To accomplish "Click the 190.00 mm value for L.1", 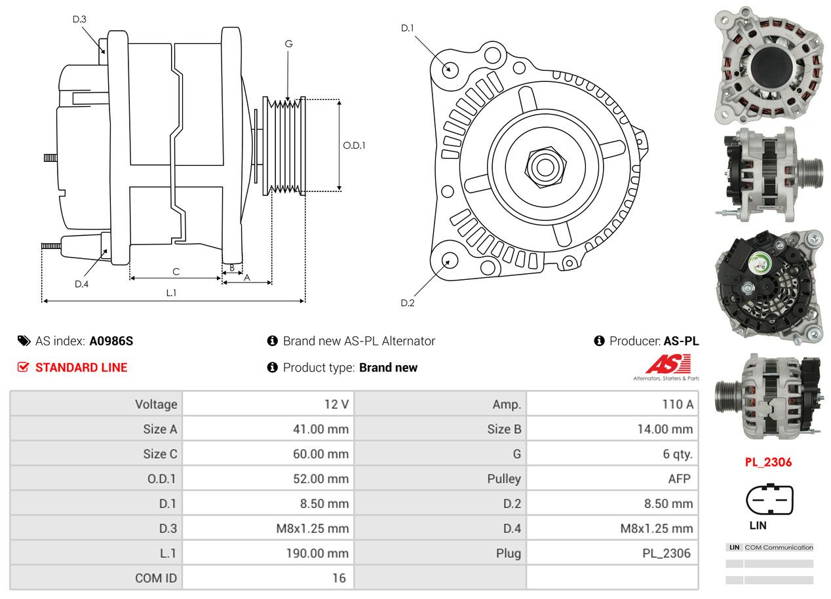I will point(317,553).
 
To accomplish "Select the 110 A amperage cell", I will point(677,404).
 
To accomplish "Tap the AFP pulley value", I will point(679,478).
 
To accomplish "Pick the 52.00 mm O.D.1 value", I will point(320,478).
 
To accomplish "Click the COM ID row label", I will point(156,578).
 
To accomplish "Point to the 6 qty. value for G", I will point(677,454).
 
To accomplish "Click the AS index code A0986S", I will point(111,341).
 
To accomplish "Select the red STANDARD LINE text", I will point(81,368).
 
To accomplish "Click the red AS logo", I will point(668,364).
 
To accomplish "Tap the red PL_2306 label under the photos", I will point(768,462).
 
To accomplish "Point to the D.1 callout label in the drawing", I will point(408,28).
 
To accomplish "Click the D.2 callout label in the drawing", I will point(408,303).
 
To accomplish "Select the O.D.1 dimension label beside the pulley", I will point(354,145).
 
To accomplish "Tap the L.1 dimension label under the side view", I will point(171,293).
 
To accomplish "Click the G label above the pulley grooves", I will point(288,44).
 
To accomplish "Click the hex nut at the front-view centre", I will point(543,166).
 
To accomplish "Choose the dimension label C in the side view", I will point(176,271).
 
